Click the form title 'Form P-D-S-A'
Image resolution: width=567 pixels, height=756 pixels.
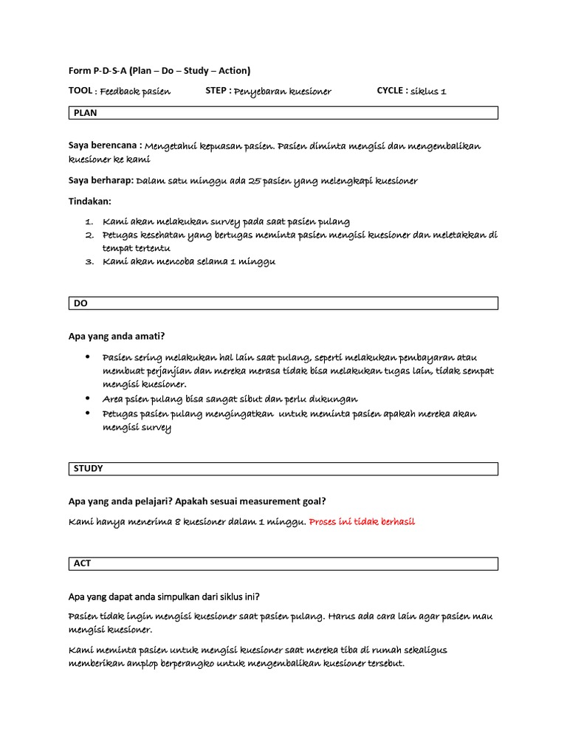(x=97, y=71)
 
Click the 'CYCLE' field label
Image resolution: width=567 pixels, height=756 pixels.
(x=391, y=91)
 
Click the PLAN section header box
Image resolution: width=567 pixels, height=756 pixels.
(x=283, y=112)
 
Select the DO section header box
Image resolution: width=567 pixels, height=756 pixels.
(x=283, y=303)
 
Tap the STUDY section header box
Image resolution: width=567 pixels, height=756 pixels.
(x=283, y=469)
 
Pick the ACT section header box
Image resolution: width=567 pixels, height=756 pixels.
(x=283, y=563)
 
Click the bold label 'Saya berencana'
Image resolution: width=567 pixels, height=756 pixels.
(x=104, y=145)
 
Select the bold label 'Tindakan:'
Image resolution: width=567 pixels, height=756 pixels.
(x=90, y=201)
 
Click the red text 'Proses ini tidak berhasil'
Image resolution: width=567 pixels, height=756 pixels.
(x=362, y=522)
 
